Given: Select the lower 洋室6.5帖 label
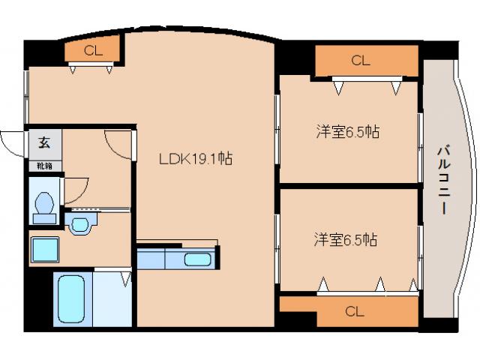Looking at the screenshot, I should [345, 241].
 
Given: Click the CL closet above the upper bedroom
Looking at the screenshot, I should [361, 61].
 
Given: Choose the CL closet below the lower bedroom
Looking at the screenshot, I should [355, 311].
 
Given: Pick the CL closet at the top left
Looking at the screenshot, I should [93, 51].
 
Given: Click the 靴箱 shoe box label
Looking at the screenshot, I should [44, 165].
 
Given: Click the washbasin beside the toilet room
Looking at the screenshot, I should [79, 222].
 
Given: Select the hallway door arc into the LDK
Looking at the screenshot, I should [118, 142].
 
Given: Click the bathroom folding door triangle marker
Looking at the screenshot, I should [125, 278].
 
